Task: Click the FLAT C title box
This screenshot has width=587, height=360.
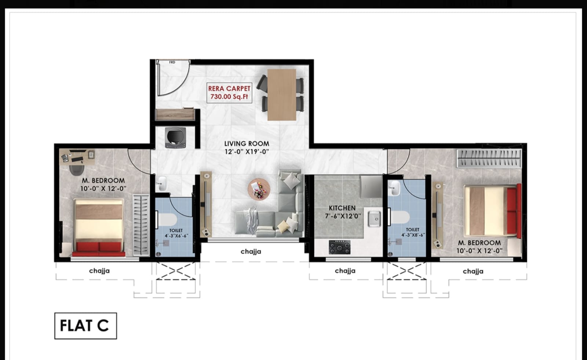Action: click(x=85, y=326)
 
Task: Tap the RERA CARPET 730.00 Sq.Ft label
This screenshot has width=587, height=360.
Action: click(x=229, y=93)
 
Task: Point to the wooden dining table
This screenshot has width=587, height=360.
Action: click(x=281, y=95)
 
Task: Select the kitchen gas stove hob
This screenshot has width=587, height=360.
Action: click(x=339, y=247)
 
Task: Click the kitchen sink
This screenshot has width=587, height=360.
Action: click(x=374, y=219)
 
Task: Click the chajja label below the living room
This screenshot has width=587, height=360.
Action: click(x=251, y=251)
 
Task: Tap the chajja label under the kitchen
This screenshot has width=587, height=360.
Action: click(x=345, y=271)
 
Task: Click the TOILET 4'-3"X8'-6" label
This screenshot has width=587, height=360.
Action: click(x=412, y=232)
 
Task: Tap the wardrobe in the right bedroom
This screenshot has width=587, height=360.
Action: click(x=489, y=158)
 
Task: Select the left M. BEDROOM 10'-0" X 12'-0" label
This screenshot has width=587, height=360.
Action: click(x=103, y=184)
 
